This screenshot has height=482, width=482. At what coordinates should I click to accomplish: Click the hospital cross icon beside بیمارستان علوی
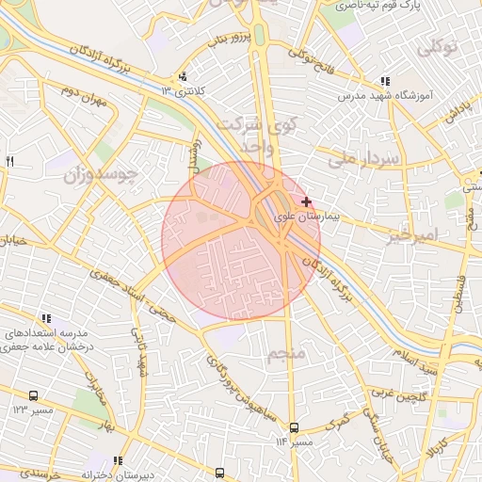(306, 201)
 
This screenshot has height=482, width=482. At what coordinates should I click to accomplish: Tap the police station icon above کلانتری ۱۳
(183, 77)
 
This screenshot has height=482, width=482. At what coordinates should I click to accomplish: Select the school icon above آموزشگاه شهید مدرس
(384, 82)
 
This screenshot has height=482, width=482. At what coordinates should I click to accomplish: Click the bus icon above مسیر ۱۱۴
(294, 426)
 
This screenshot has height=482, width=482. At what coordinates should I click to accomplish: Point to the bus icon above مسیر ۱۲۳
(35, 396)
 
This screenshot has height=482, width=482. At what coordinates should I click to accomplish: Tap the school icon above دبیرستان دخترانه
(118, 460)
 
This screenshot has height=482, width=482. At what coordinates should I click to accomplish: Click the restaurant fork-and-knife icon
(10, 162)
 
